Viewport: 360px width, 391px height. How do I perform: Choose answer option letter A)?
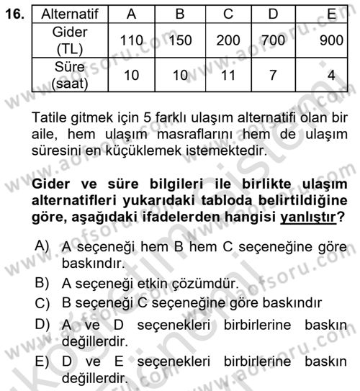click(x=45, y=246)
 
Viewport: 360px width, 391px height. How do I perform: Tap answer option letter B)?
click(x=45, y=280)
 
